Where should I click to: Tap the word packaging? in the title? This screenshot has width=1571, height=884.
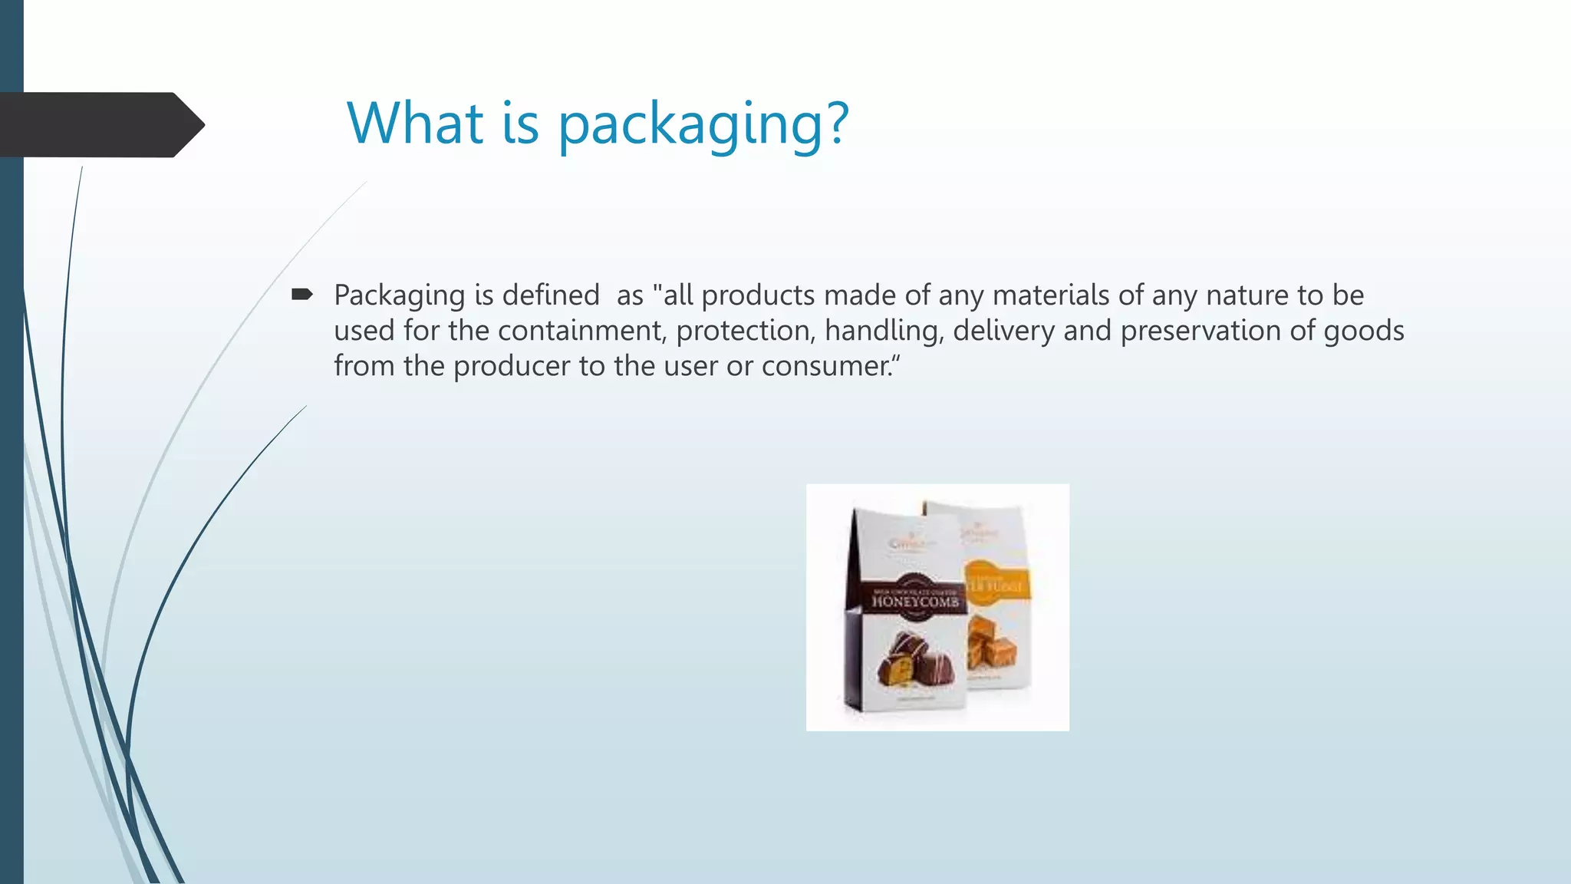pos(703,124)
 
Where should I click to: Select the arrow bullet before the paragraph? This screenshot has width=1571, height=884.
pos(301,295)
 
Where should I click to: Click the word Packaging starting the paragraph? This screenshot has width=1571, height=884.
pos(400,295)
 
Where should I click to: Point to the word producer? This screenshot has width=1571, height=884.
pos(511,367)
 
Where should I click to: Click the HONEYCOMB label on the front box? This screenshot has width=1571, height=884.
pos(915,602)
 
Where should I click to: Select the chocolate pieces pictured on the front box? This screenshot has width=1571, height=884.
pos(913,661)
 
